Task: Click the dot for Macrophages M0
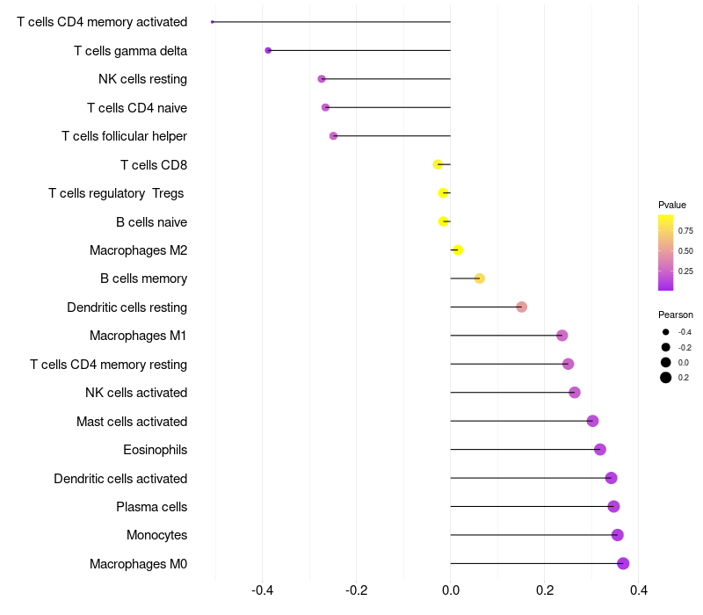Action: click(x=623, y=563)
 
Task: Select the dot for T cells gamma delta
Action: click(x=268, y=51)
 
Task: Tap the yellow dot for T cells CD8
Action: click(x=438, y=164)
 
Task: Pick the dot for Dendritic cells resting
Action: click(x=521, y=307)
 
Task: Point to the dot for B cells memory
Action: click(x=479, y=279)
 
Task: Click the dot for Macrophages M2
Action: click(x=457, y=250)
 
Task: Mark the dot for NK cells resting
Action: click(x=322, y=79)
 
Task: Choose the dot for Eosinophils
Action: click(x=600, y=449)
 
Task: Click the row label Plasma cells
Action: click(x=151, y=507)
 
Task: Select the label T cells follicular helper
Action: click(x=124, y=136)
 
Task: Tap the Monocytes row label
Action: click(x=157, y=535)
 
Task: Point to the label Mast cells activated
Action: click(x=132, y=422)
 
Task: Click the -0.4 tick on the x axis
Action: click(x=262, y=590)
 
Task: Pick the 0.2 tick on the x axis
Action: click(x=545, y=590)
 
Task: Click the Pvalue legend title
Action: click(x=672, y=205)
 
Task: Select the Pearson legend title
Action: click(x=676, y=315)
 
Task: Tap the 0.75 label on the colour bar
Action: click(x=685, y=231)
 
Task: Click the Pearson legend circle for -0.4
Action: click(x=666, y=332)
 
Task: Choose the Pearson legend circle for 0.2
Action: click(x=666, y=378)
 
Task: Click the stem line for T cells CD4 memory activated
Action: click(x=331, y=21)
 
